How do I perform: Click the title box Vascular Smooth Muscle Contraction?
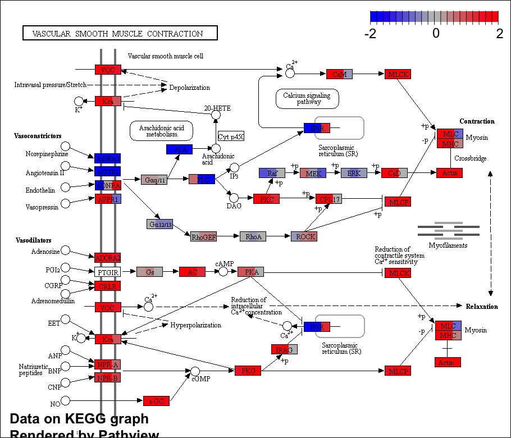click(120, 34)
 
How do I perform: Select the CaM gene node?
click(339, 74)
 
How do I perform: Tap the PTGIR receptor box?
click(108, 272)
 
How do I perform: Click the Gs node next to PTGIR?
click(149, 272)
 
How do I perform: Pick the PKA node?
click(250, 272)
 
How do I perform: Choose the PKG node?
click(248, 371)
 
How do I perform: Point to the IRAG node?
click(284, 349)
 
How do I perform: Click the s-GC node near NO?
click(156, 401)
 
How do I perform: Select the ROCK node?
click(304, 236)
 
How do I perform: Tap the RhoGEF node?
click(203, 236)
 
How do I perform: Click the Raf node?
click(272, 173)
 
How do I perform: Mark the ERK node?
click(354, 173)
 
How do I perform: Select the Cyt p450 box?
click(231, 136)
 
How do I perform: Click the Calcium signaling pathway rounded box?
click(307, 98)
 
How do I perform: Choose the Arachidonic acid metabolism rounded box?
click(161, 131)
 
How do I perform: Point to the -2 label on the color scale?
click(370, 33)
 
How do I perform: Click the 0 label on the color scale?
click(435, 33)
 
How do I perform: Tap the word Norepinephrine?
click(47, 154)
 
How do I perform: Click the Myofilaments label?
click(448, 245)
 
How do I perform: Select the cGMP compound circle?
click(195, 371)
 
